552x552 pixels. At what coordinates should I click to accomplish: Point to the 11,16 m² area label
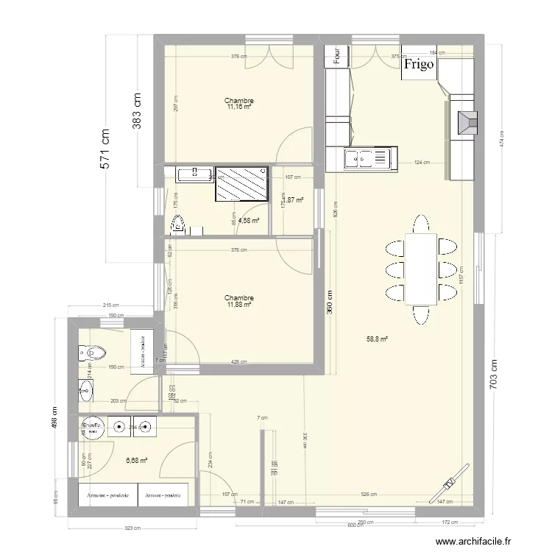(x=239, y=107)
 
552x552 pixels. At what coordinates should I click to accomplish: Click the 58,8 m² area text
(x=377, y=339)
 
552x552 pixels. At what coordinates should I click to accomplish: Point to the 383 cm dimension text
(x=137, y=110)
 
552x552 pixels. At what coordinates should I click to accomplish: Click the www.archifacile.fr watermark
(x=473, y=541)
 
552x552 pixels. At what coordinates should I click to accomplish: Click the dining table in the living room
(x=420, y=269)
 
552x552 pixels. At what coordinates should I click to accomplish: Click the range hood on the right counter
(x=467, y=122)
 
